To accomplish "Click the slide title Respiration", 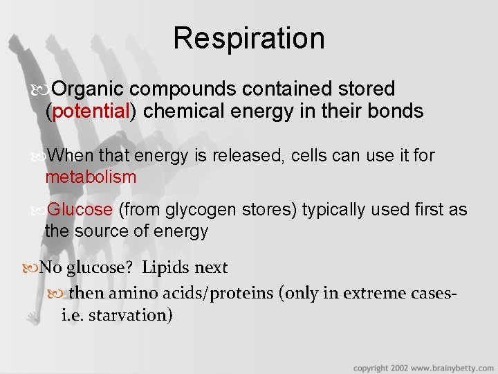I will pos(249,38).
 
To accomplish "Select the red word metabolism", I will pos(91,177).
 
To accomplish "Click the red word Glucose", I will pos(80,209).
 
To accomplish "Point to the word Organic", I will pos(89,89).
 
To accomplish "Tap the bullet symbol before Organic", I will pos(45,90).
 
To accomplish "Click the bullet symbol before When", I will pos(40,157).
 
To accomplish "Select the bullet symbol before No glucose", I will pos(34,268).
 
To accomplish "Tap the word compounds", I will pos(182,89).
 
